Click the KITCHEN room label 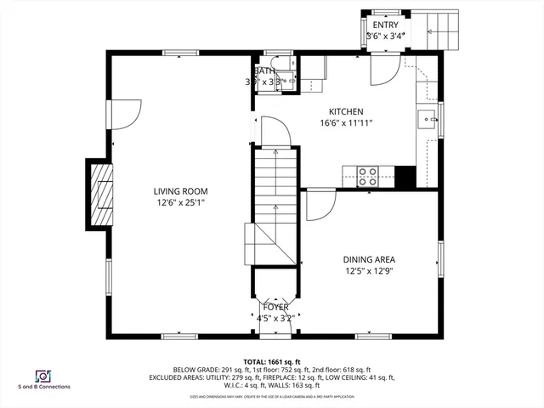pos(346,111)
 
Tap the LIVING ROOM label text pos(180,191)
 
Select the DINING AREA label pos(369,260)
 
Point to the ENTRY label pos(384,25)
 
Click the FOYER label pos(275,307)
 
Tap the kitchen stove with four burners pos(368,176)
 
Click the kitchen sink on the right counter pos(428,116)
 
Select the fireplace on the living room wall pos(100,194)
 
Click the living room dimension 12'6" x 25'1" pos(180,203)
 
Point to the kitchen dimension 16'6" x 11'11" pos(346,123)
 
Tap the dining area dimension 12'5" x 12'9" pos(369,272)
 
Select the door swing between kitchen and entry pos(382,73)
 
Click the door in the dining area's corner pos(319,204)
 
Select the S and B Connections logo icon pos(42,376)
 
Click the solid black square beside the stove pos(405,176)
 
